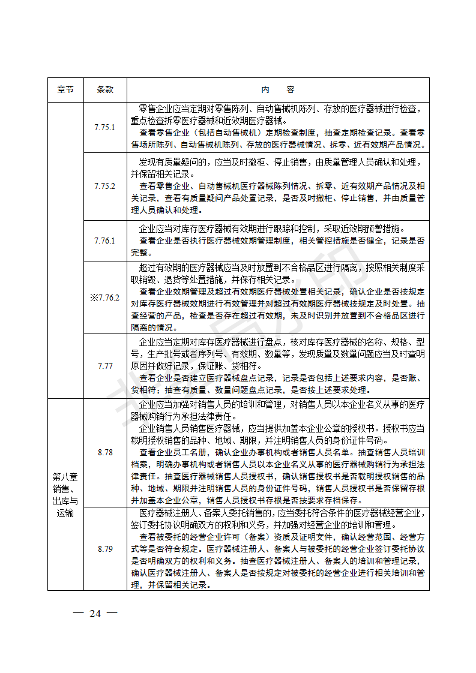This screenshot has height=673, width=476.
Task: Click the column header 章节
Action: (65, 89)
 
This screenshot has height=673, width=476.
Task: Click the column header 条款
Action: (105, 89)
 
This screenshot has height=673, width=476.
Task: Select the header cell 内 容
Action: (278, 89)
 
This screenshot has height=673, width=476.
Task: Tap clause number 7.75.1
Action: (105, 127)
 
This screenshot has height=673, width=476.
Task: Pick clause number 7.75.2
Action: (105, 186)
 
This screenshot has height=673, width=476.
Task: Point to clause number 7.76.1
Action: (105, 241)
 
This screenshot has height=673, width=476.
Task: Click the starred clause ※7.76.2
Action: (105, 298)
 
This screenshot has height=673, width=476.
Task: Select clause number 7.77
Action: (105, 365)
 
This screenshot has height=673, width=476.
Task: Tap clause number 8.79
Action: (105, 549)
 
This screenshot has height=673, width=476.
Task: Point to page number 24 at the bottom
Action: (95, 613)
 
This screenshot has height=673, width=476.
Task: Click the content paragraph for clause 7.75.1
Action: (278, 127)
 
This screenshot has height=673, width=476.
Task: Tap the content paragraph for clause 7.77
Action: (278, 365)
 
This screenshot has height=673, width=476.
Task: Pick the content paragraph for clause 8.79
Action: (278, 549)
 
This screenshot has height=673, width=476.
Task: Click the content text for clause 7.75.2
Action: (278, 186)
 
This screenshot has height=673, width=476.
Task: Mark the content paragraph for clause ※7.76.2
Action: (278, 298)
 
